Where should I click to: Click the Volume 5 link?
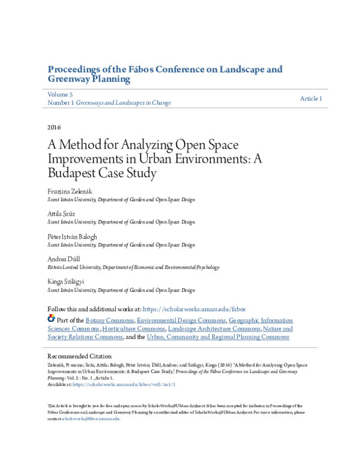(59, 94)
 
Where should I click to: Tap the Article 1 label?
(311, 98)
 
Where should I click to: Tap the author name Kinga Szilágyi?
(67, 282)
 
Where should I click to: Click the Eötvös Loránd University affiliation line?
(133, 267)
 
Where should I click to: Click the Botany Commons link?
(110, 321)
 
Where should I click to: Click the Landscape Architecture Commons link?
(214, 329)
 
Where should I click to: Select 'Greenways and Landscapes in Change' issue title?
(124, 103)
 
